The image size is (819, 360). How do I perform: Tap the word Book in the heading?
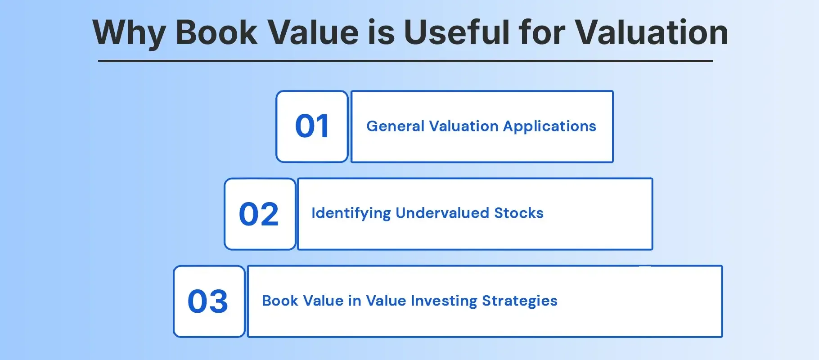pyautogui.click(x=216, y=32)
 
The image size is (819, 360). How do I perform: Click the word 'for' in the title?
pyautogui.click(x=542, y=32)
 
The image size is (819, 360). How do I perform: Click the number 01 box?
pyautogui.click(x=312, y=126)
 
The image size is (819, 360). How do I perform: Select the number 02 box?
pyautogui.click(x=260, y=214)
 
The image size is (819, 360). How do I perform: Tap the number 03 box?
pyautogui.click(x=209, y=301)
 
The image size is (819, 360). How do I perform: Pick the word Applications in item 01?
pyautogui.click(x=549, y=126)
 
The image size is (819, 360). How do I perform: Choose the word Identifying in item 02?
pyautogui.click(x=351, y=213)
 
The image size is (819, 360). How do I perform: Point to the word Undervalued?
pyautogui.click(x=442, y=213)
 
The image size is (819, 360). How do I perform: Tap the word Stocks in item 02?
pyautogui.click(x=519, y=213)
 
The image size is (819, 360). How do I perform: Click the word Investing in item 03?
pyautogui.click(x=444, y=301)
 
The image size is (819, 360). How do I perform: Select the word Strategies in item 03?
pyautogui.click(x=520, y=301)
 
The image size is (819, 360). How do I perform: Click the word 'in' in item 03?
pyautogui.click(x=355, y=301)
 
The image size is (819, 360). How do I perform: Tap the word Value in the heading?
pyautogui.click(x=313, y=32)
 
